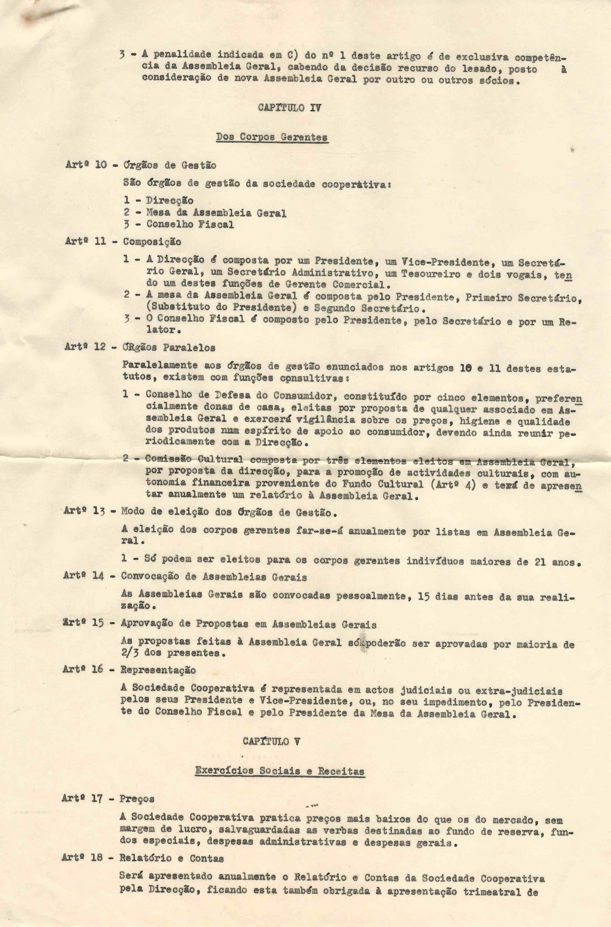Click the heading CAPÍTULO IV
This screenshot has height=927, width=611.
tap(289, 108)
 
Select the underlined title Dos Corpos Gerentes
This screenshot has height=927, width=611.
tap(272, 137)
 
